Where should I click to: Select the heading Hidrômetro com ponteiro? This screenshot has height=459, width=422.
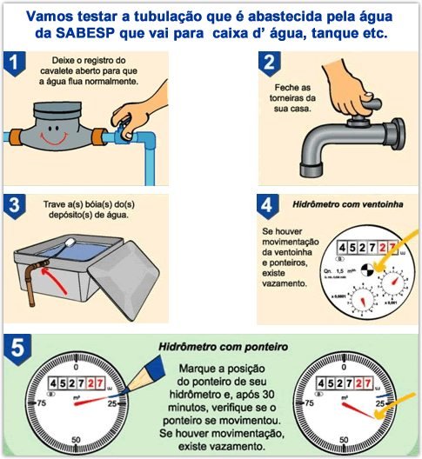coord(224,346)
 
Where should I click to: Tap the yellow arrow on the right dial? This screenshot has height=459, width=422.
coord(397,407)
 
